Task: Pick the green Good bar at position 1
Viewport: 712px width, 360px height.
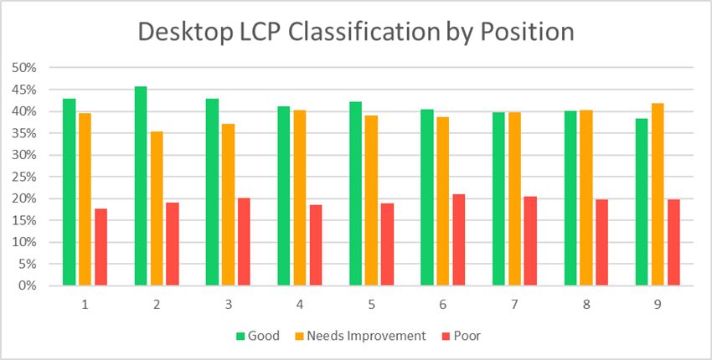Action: (x=69, y=192)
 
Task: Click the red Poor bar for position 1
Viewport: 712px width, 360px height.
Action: (x=101, y=247)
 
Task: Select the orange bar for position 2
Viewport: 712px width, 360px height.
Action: (x=157, y=208)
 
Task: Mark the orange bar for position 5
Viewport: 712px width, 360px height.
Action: (x=371, y=200)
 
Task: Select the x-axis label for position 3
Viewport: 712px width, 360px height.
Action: (x=228, y=304)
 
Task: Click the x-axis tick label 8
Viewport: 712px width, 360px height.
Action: (x=586, y=304)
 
